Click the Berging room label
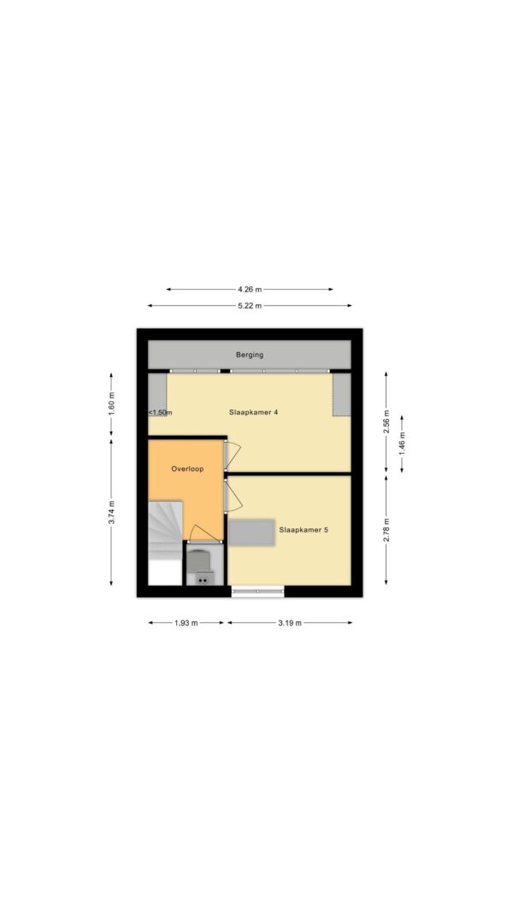(250, 354)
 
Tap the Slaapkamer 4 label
(254, 412)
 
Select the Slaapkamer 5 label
(304, 530)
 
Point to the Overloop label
(187, 468)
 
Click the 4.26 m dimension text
(250, 289)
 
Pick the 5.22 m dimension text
(250, 305)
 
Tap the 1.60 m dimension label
(112, 403)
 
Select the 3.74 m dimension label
(112, 513)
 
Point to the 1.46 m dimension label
(402, 444)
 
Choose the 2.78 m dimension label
(386, 530)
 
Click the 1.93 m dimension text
(186, 622)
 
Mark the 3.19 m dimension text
(290, 622)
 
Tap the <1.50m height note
(160, 412)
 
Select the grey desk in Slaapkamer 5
(251, 532)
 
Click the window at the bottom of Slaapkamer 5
(257, 591)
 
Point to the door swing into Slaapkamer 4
(233, 455)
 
